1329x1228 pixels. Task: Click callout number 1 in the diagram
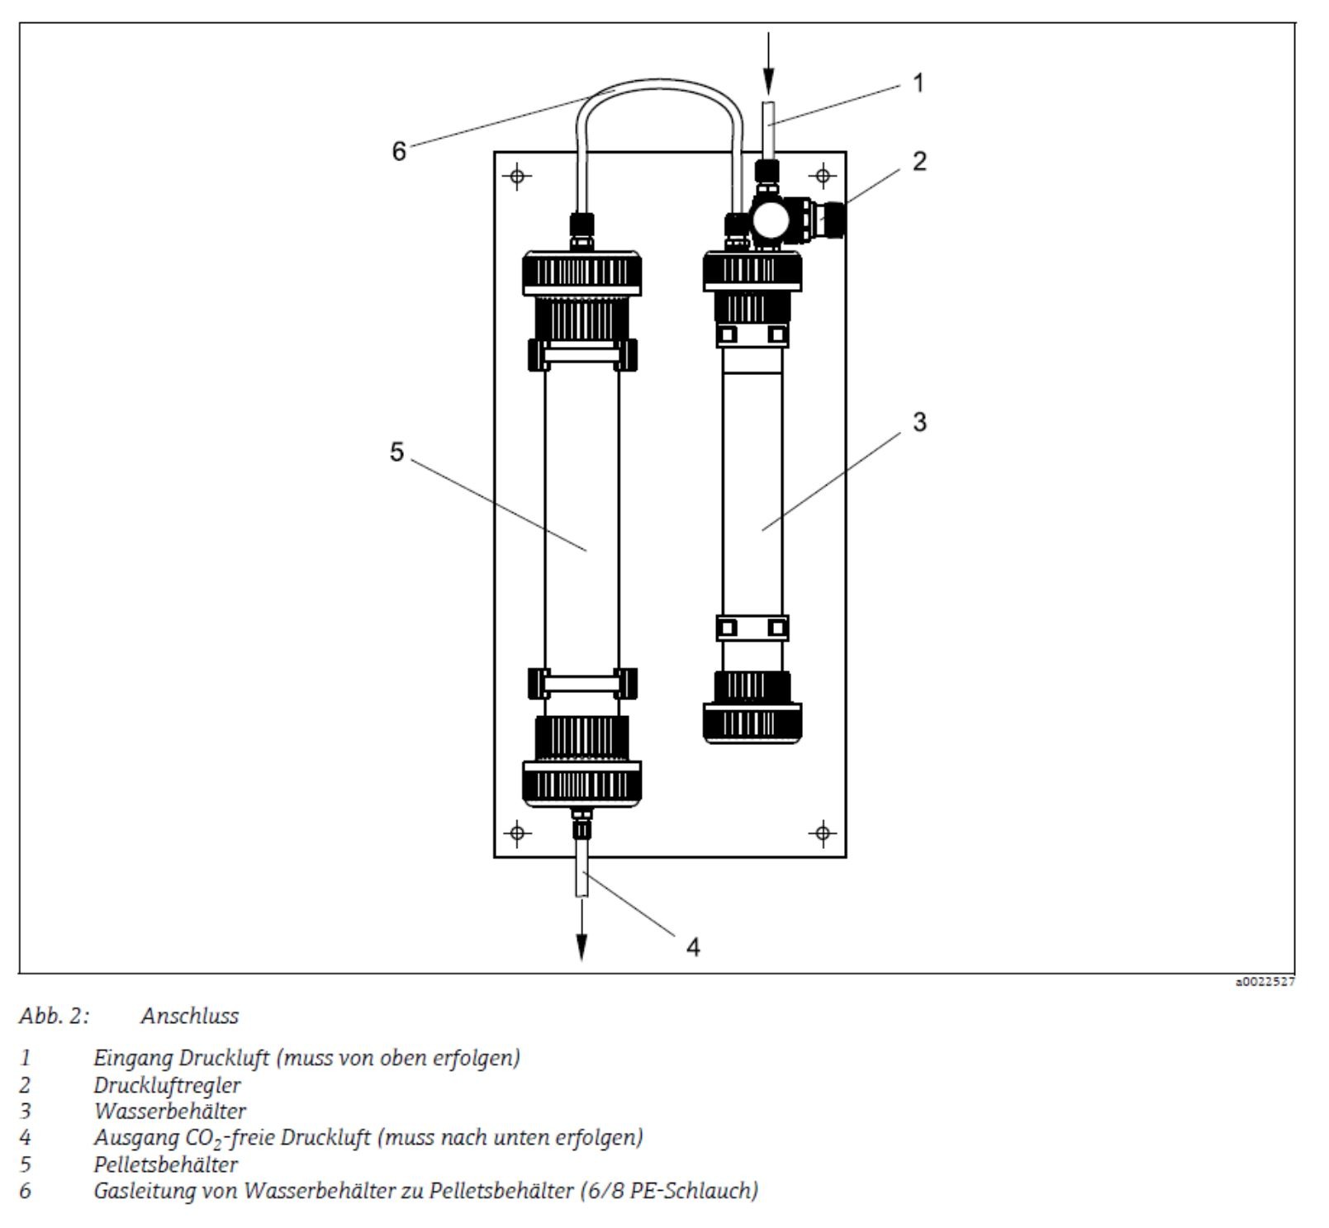coord(918,83)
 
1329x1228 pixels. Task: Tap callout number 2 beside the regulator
coord(919,161)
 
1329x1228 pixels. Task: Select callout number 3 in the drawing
coord(919,422)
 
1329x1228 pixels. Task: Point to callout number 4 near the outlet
coord(694,947)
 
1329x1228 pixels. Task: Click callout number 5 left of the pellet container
coord(397,452)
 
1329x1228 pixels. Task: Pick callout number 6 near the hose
coord(399,151)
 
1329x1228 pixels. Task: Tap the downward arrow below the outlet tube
coord(581,929)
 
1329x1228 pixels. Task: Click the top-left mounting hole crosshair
coord(518,175)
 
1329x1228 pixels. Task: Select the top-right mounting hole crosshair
coord(823,175)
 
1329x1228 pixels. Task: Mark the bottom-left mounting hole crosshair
coord(518,832)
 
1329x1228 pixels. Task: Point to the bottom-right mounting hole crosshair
coord(823,832)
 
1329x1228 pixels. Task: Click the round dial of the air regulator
coord(771,220)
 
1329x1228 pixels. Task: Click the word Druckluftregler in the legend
coord(167,1085)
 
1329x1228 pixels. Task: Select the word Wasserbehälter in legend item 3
coord(169,1111)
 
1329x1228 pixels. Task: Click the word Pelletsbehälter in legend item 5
coord(165,1164)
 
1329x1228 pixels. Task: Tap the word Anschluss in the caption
coord(190,1016)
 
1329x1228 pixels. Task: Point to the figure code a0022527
coord(1265,982)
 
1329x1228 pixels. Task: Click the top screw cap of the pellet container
coord(581,273)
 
